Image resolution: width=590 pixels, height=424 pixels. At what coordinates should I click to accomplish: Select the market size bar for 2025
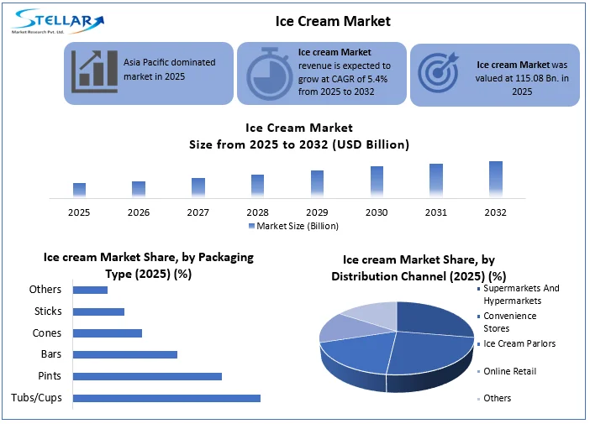click(79, 189)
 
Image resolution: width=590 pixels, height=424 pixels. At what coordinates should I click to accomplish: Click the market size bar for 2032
click(496, 178)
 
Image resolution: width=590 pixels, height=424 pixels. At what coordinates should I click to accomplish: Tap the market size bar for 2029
click(317, 183)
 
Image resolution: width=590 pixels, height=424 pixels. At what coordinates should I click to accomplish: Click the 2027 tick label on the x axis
click(198, 212)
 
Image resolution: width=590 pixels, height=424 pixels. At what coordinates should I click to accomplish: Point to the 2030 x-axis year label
click(377, 212)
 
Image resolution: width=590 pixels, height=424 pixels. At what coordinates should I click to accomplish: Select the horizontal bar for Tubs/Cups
click(166, 398)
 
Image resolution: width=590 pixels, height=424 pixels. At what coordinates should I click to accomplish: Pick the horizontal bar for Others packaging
click(90, 290)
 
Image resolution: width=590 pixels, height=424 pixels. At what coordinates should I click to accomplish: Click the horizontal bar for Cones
click(108, 333)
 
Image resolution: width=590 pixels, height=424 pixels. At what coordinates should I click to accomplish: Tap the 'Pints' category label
click(50, 376)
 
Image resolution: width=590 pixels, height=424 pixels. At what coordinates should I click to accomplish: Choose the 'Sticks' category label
click(48, 311)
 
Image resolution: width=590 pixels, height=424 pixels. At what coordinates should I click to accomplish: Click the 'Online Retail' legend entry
click(509, 371)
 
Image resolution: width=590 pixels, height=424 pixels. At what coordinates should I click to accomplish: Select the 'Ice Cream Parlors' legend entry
click(519, 343)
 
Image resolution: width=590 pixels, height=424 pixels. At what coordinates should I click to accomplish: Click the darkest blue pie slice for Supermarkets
click(433, 319)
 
